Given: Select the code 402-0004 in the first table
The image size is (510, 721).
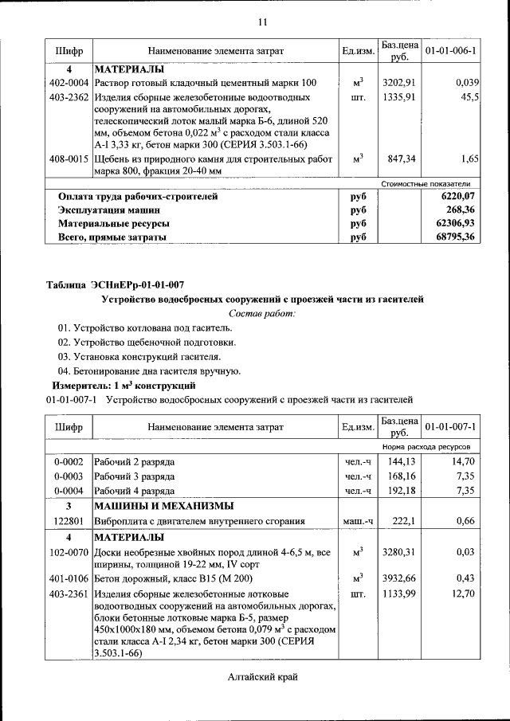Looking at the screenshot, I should pos(69,83).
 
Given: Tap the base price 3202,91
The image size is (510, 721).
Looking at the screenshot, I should pos(399,83).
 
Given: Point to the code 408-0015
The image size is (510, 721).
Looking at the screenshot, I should pos(69,159).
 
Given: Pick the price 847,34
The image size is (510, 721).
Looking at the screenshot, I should pos(401,159).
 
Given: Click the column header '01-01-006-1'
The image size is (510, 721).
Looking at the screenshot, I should pos(451,52).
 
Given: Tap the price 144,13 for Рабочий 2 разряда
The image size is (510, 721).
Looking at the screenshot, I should pos(401,461).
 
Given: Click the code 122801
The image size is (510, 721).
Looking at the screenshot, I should pos(69,521).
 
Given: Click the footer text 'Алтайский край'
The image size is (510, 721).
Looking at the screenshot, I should pos(262,677).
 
